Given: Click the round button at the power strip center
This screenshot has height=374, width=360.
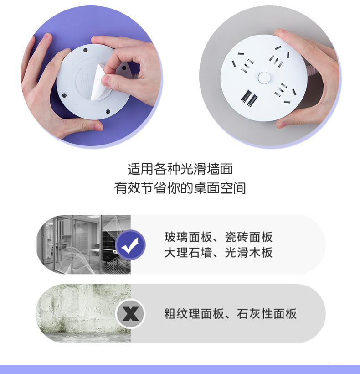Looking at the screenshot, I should pyautogui.click(x=263, y=78).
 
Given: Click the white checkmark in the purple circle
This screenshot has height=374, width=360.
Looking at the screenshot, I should pyautogui.click(x=130, y=244).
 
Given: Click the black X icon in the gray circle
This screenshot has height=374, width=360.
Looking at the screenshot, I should pyautogui.click(x=130, y=313).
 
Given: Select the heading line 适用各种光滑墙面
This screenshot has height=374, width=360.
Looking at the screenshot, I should pyautogui.click(x=180, y=169).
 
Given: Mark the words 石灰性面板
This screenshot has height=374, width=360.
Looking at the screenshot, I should pyautogui.click(x=267, y=314).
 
